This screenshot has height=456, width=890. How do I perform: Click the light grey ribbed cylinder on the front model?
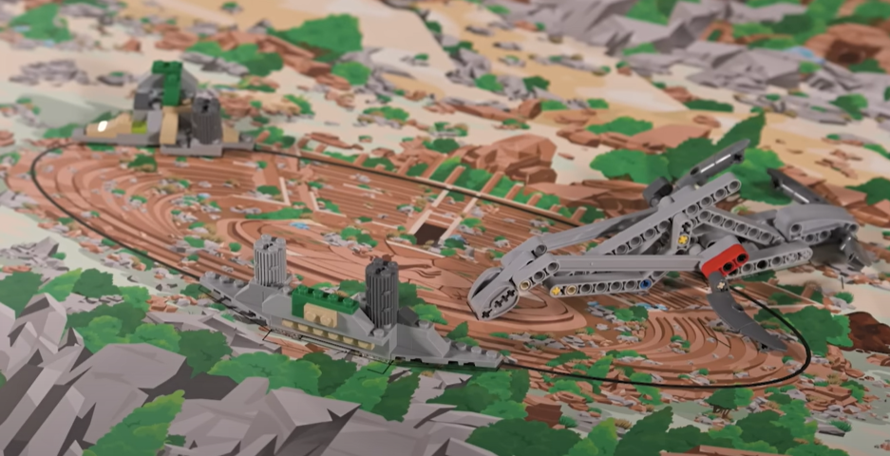click(x=271, y=260)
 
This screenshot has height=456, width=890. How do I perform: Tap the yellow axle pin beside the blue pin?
click(x=571, y=290)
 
